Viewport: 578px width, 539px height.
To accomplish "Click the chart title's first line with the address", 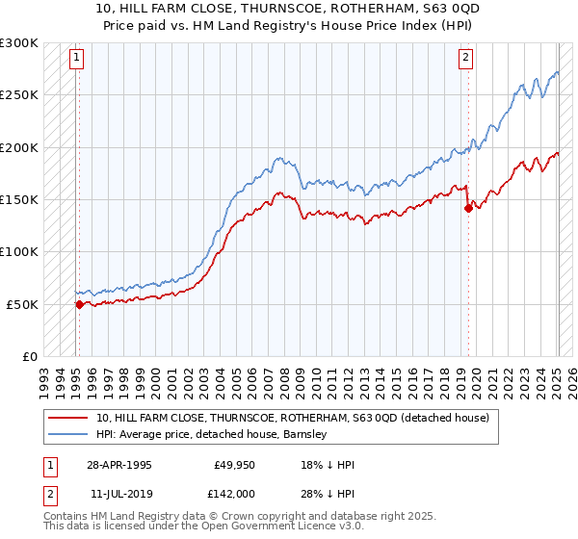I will tap(289, 9).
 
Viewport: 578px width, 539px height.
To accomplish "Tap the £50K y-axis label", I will tap(22, 304).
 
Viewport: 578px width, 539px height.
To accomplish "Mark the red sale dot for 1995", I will tap(79, 304).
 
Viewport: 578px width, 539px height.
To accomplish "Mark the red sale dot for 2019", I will tap(468, 208).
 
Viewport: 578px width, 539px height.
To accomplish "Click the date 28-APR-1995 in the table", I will tap(119, 465).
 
